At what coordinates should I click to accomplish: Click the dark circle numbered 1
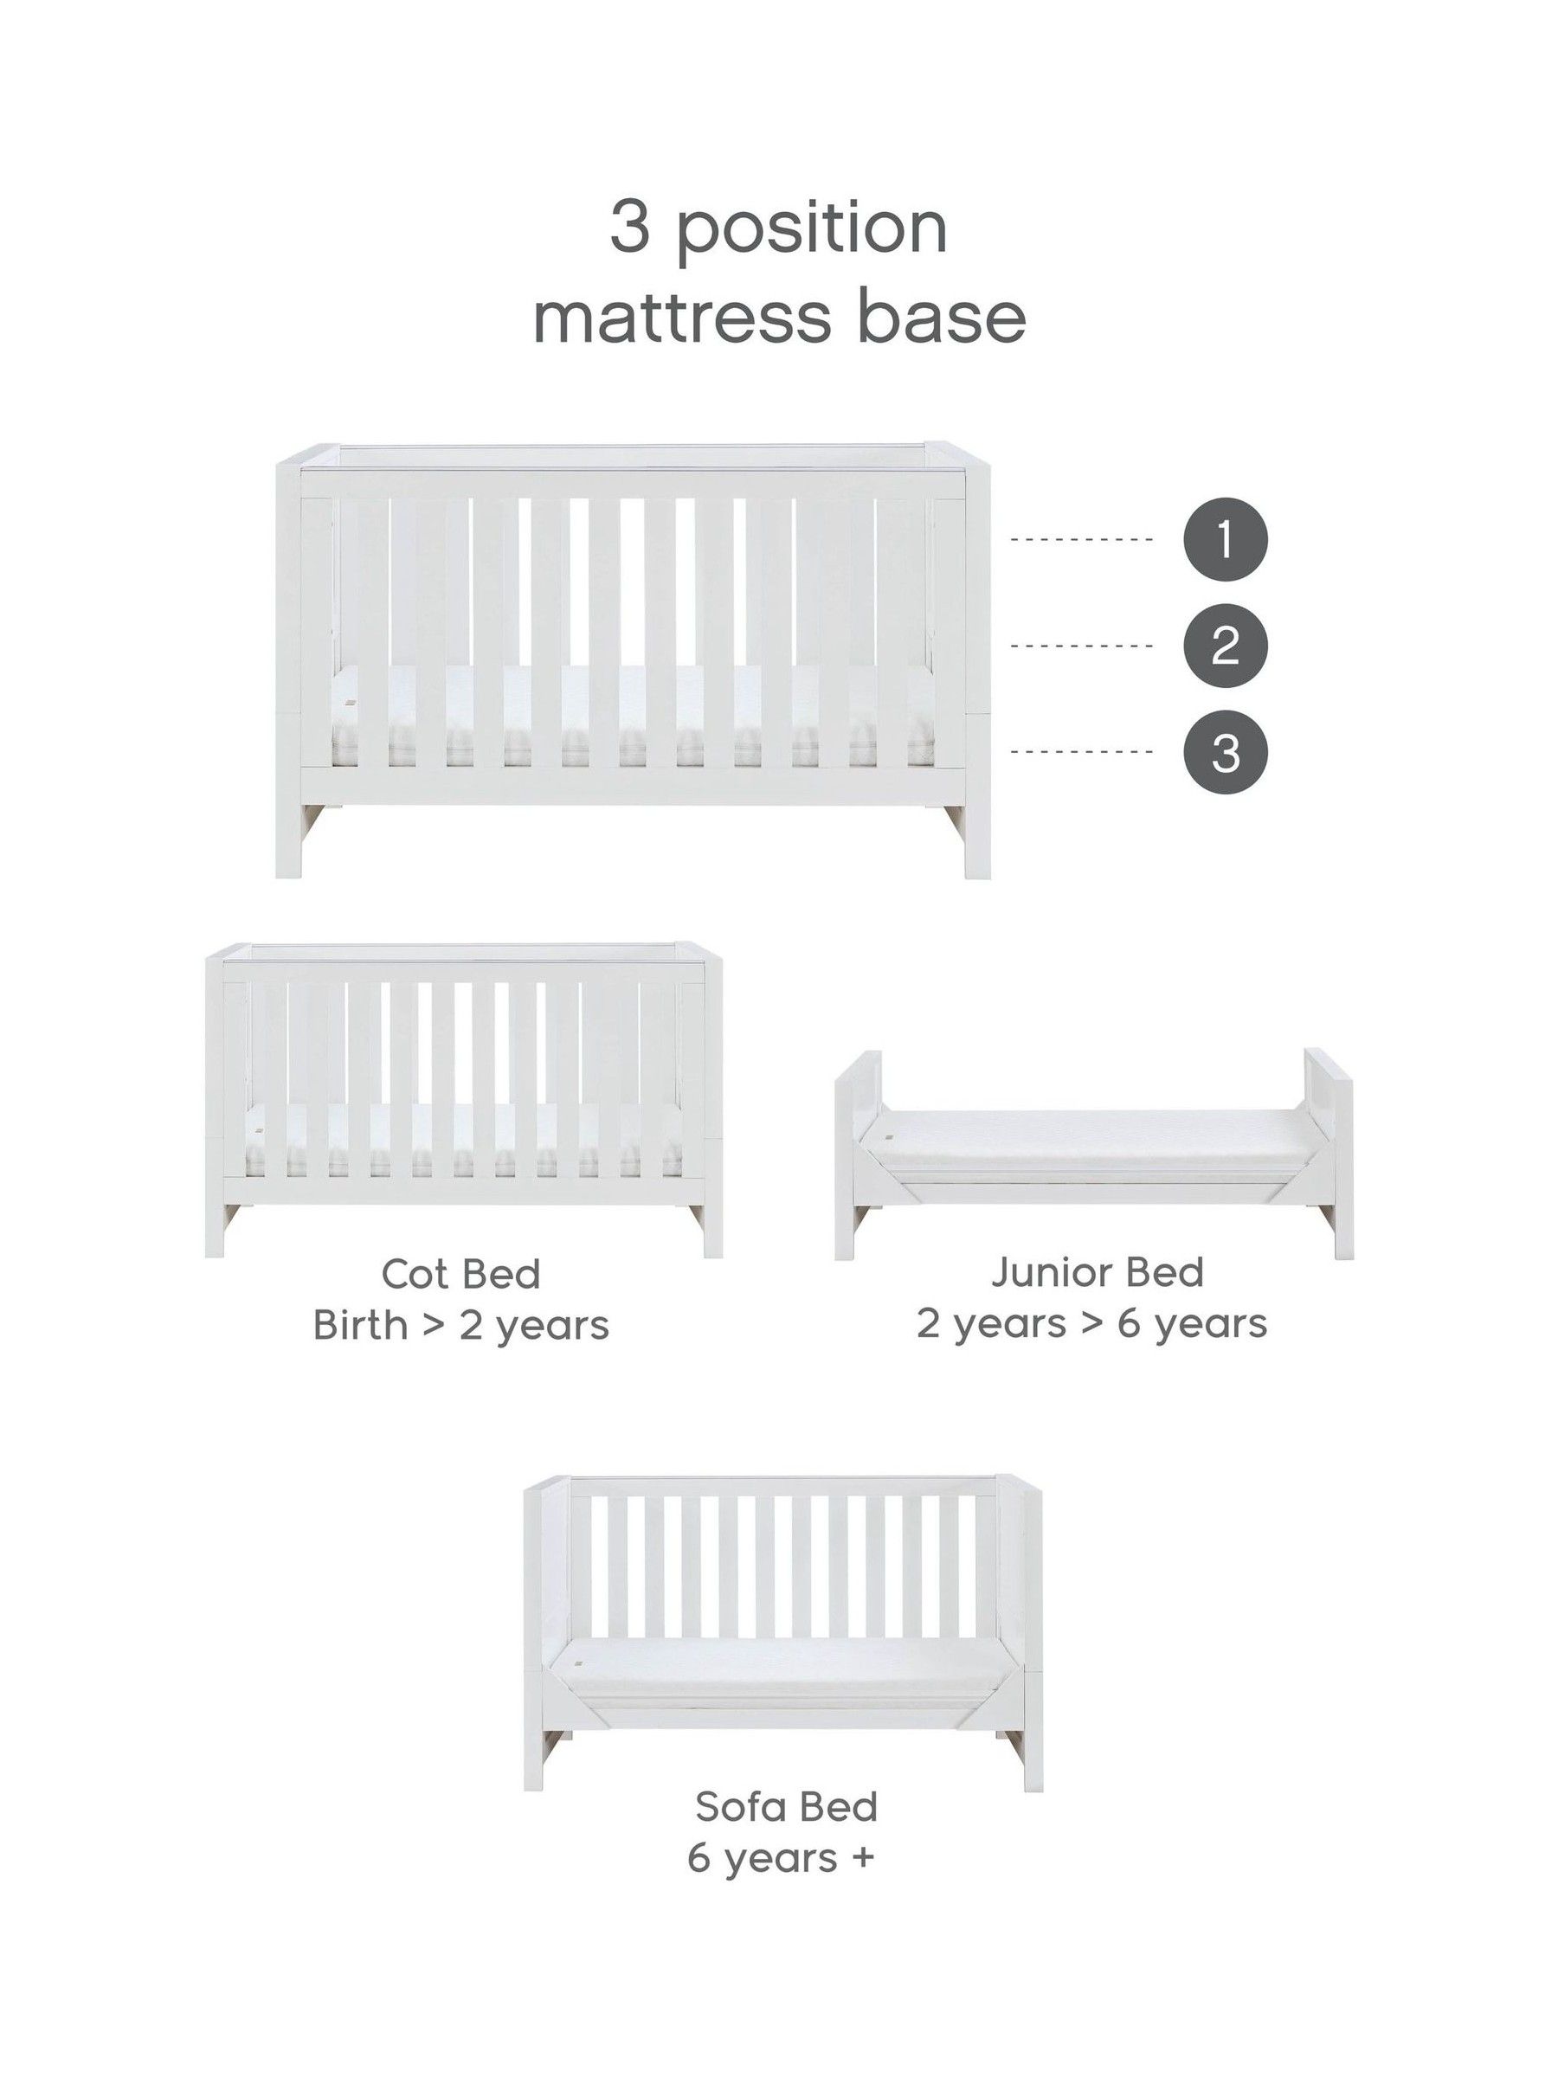coord(1225,540)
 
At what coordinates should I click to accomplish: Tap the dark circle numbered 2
coord(1225,646)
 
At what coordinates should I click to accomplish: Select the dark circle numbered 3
coord(1225,752)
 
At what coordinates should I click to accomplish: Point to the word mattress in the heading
coord(683,318)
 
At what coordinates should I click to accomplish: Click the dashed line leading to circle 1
coord(1082,540)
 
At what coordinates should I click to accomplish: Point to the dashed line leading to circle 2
coord(1082,646)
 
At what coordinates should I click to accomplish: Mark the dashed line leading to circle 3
coord(1082,752)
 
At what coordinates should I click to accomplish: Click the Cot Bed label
coord(461,1274)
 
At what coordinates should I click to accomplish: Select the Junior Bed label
coord(1097,1272)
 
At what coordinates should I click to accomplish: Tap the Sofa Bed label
coord(786,1805)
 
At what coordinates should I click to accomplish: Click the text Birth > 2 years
coord(461,1326)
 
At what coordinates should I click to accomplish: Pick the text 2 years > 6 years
coord(1092,1324)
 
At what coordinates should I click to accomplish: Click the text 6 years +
coord(781,1857)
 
